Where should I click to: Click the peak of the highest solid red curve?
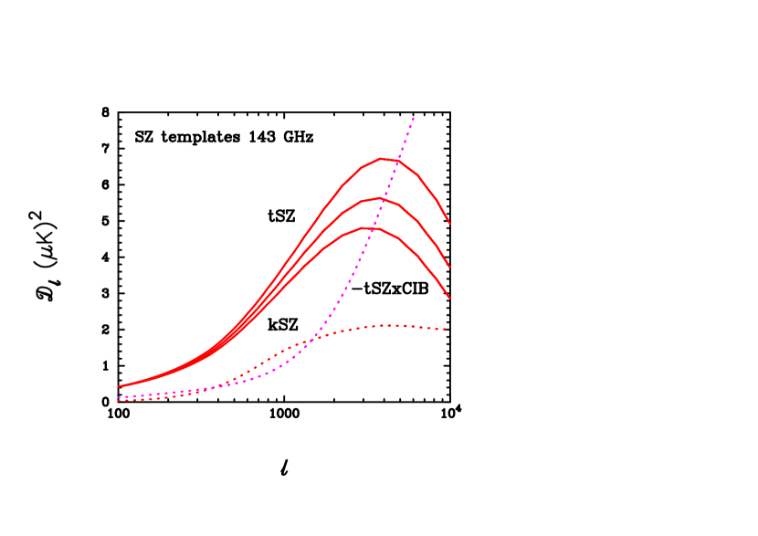click(x=382, y=158)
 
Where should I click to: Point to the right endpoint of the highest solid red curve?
click(x=449, y=223)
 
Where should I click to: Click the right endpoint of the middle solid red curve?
click(x=449, y=267)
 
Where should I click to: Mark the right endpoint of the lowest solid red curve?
click(x=449, y=298)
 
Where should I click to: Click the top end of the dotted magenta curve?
click(x=415, y=117)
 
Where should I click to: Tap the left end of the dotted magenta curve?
click(x=119, y=397)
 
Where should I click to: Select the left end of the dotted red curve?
click(x=119, y=400)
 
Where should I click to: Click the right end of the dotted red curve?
click(x=446, y=329)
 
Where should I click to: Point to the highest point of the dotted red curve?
click(x=388, y=324)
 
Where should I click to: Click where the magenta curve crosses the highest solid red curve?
click(x=398, y=161)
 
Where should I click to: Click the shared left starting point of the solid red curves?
click(x=119, y=386)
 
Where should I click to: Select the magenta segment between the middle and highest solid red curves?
click(x=391, y=180)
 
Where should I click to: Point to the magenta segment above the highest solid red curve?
click(x=407, y=137)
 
